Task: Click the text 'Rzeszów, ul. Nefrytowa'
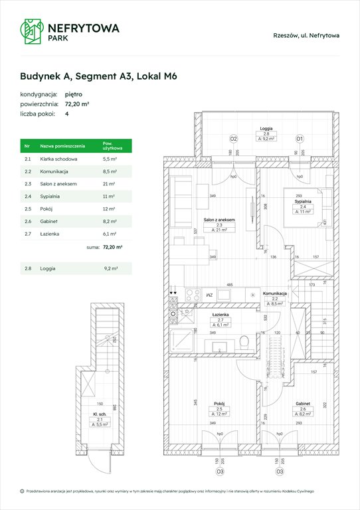point(306,36)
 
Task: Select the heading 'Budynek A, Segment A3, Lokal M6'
point(98,76)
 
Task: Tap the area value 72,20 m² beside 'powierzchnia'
point(78,104)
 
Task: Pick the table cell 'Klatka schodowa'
point(59,159)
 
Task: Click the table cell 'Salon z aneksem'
point(59,183)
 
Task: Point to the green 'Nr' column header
point(27,145)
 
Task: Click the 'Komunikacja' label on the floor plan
point(274,294)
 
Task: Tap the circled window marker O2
point(233,139)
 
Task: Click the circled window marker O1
point(299,139)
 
